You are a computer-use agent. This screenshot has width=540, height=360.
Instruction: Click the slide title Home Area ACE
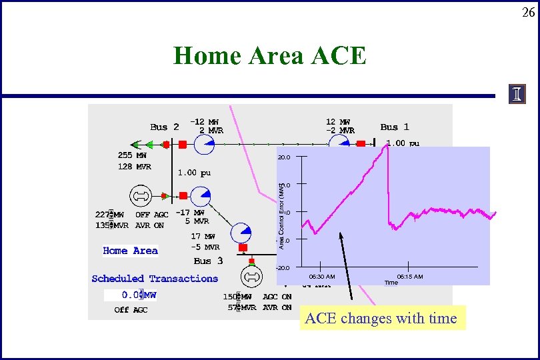tap(270, 56)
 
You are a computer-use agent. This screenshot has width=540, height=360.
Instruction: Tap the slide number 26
tap(528, 12)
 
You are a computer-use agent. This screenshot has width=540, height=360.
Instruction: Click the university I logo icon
tap(517, 95)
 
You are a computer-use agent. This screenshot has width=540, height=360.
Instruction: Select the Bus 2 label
tap(164, 127)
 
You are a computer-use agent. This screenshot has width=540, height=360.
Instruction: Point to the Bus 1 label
tap(395, 127)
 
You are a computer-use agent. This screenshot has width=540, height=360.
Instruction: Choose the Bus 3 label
tap(208, 261)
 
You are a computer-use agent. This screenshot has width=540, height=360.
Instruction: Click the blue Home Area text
tap(130, 251)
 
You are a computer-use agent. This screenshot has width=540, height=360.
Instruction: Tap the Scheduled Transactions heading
tap(155, 279)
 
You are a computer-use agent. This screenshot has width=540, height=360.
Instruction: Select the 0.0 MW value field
tap(131, 295)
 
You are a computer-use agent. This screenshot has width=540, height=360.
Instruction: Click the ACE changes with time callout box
tap(381, 319)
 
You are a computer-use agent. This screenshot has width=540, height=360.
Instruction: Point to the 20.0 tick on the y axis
tap(283, 158)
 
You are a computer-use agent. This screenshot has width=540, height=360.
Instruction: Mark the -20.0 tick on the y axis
tap(283, 267)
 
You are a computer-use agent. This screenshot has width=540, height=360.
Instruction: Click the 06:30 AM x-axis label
tap(322, 276)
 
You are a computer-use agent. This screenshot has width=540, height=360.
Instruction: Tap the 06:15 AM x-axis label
tap(409, 276)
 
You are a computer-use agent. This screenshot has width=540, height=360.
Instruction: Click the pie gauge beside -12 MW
tap(204, 144)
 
